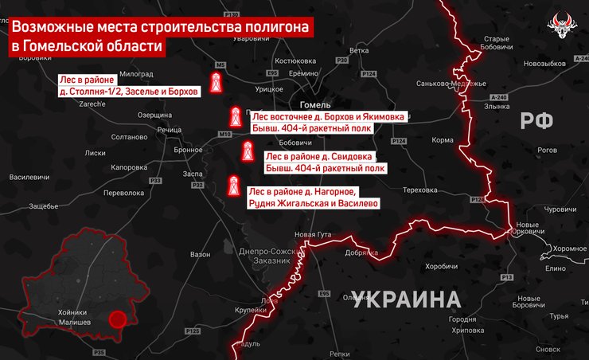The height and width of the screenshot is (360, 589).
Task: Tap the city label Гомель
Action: (315, 105)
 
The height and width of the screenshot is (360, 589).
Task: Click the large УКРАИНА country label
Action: (406, 300)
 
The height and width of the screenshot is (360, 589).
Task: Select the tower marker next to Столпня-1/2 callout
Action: (215, 82)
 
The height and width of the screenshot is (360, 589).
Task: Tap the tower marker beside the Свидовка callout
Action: (248, 152)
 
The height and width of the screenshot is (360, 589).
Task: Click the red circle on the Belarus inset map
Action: (118, 319)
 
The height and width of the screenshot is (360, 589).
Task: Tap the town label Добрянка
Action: (362, 252)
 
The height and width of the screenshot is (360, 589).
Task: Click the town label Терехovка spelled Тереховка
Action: (420, 190)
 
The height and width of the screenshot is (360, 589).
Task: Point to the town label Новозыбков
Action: (544, 63)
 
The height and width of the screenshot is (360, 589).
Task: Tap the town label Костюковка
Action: (295, 61)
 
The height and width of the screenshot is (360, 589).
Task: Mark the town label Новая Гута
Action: (313, 234)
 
